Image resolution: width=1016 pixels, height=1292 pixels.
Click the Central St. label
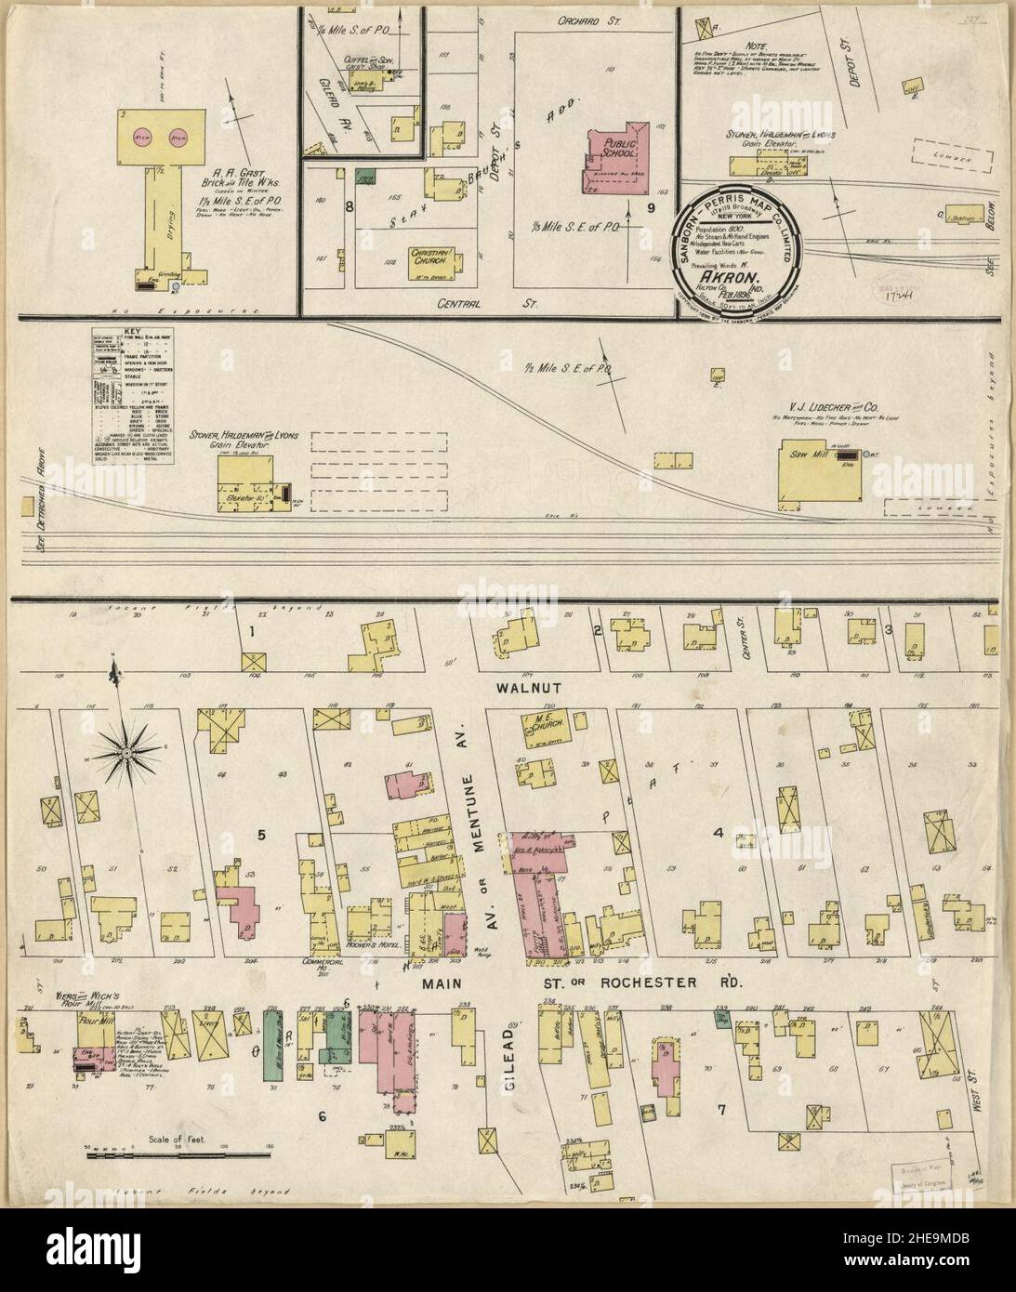pyautogui.click(x=470, y=302)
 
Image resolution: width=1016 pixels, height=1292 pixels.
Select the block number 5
pyautogui.click(x=262, y=834)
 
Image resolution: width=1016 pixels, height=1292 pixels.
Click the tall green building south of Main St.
pyautogui.click(x=272, y=1044)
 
